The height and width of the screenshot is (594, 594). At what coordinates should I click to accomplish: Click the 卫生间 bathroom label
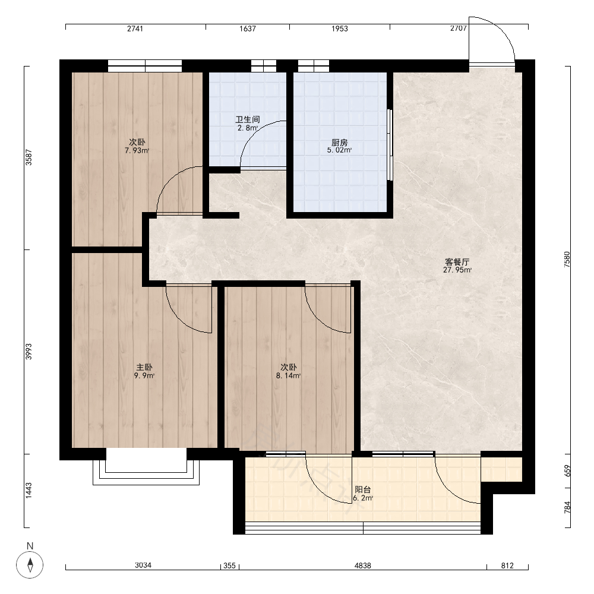point(248,120)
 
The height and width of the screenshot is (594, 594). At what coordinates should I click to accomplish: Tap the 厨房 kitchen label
point(339,143)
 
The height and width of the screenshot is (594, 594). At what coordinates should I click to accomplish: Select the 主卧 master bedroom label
point(144,367)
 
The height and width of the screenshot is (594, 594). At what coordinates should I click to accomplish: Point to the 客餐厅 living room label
point(457,262)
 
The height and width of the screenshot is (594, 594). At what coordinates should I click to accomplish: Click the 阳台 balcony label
point(363,490)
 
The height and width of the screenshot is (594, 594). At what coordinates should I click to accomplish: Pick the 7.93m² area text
point(137,151)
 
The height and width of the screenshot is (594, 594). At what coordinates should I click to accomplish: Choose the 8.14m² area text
point(289,376)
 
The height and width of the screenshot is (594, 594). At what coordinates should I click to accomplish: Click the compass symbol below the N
point(30,564)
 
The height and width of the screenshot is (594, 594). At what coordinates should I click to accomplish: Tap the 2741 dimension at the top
point(135,29)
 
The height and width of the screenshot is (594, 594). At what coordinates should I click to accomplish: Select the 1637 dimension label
point(248,29)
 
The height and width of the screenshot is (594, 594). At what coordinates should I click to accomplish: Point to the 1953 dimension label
point(340,29)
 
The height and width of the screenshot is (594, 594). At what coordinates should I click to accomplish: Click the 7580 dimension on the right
point(567,260)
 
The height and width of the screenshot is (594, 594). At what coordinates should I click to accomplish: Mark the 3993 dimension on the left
point(29,352)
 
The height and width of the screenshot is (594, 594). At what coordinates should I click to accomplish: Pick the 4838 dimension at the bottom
point(363,565)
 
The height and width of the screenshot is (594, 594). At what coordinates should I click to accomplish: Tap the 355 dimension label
point(229,565)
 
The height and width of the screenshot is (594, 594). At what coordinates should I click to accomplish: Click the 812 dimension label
point(508,565)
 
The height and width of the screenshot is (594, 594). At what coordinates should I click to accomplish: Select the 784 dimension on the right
point(567,507)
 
